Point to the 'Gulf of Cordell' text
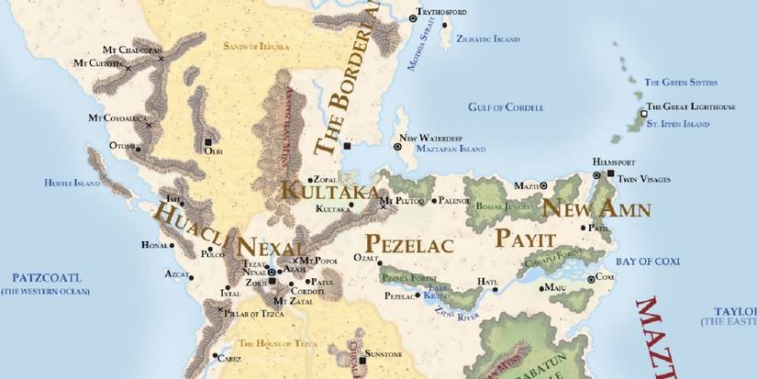506,107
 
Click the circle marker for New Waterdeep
397,146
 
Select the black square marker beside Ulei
208,142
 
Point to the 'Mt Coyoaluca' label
117,117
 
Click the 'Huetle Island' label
72,183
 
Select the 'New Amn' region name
596,209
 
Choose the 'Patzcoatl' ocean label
46,276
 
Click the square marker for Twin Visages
611,172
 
